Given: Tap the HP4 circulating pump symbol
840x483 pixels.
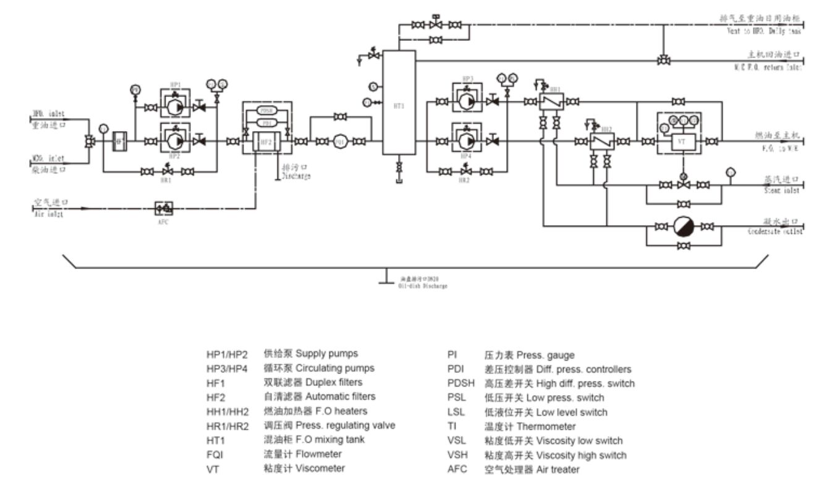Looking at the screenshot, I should tap(467, 142).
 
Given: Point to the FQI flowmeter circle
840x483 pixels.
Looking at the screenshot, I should tap(339, 142).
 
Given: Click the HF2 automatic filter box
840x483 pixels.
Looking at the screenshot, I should tap(266, 142).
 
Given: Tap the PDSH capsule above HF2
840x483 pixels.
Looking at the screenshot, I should tap(266, 111).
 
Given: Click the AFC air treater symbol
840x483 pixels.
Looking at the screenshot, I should tap(164, 208).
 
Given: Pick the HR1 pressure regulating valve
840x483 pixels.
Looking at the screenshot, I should tap(166, 171).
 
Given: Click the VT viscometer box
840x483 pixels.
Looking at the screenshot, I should tap(682, 142).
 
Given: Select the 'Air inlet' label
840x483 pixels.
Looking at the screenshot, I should tap(48, 214).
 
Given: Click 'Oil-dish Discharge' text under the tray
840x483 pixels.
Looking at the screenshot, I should tap(423, 286).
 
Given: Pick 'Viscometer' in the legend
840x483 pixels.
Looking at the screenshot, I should tap(320, 468).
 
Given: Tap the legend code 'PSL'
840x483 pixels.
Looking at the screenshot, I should tap(456, 398).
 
